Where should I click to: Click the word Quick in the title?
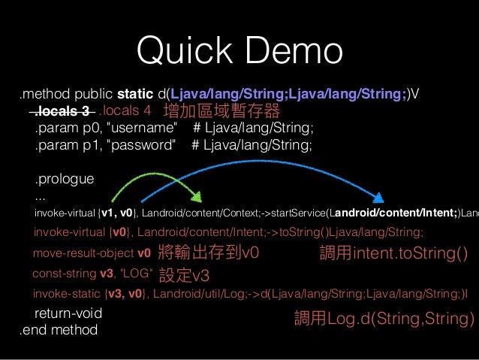(x=179, y=50)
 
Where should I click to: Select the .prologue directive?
(x=64, y=180)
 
